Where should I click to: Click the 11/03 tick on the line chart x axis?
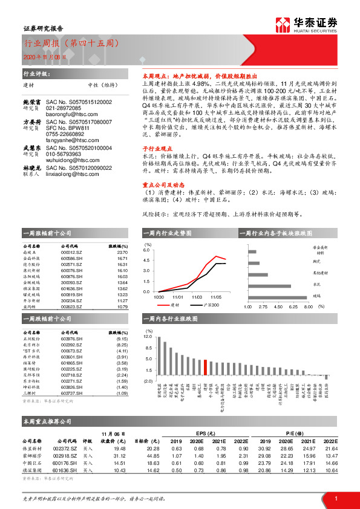click(196, 297)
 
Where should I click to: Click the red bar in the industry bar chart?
click(206, 368)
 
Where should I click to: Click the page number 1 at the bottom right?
click(335, 499)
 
